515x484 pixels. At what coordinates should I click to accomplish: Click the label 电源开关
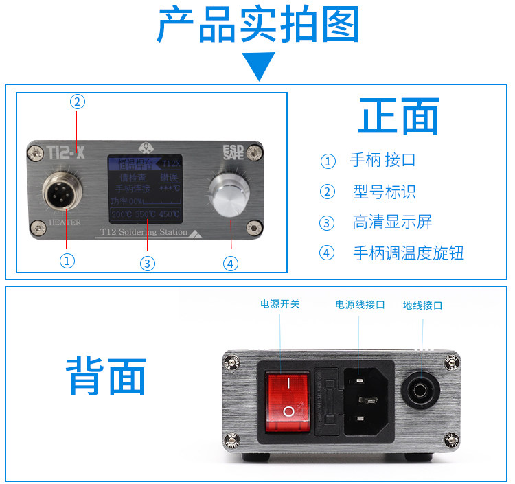coord(280,304)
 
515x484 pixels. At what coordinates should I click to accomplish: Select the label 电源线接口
coord(360,304)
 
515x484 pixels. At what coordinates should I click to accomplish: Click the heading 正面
coord(398,117)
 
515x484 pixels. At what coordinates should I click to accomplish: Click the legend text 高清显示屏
coord(392,222)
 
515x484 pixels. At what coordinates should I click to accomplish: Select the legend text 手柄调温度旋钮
coord(408,253)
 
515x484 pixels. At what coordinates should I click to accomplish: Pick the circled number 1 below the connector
coord(67,260)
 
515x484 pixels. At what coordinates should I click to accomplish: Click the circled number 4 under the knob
coord(231,262)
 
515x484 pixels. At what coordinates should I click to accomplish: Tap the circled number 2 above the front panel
coord(78,102)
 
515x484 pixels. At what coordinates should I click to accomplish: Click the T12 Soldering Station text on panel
coord(144,232)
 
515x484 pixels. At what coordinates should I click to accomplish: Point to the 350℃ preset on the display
coord(146,214)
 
